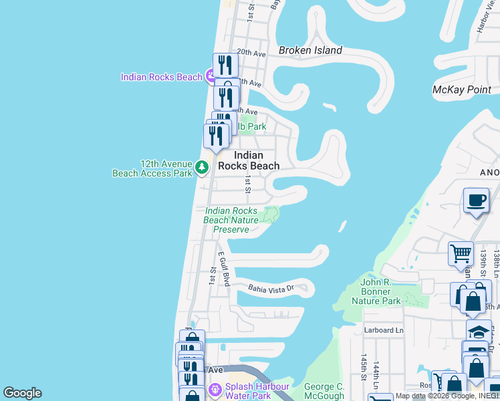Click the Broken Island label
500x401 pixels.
(x=310, y=50)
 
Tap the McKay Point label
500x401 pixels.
(x=462, y=90)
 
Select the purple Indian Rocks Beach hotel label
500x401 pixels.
(x=161, y=77)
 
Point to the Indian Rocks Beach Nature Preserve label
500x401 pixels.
(x=231, y=220)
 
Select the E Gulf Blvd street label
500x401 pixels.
(x=223, y=269)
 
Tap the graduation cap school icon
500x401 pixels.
(x=479, y=331)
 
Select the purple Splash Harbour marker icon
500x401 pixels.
(x=215, y=389)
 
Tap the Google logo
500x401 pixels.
(x=22, y=393)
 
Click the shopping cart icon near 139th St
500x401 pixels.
(x=461, y=254)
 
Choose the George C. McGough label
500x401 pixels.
(x=324, y=391)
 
